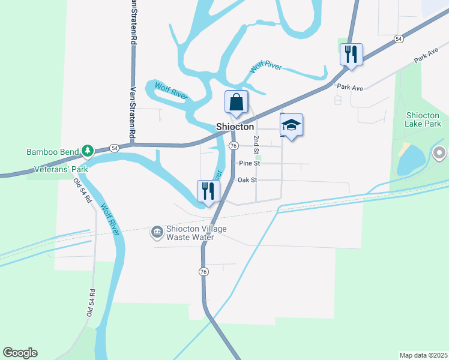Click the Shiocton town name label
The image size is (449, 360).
tap(235, 127)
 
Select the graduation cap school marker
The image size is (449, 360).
tap(291, 125)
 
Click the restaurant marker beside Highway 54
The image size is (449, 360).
tap(351, 54)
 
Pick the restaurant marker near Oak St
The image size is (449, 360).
tap(208, 191)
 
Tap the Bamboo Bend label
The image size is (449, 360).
tap(53, 151)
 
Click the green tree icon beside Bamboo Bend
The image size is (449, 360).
tap(88, 150)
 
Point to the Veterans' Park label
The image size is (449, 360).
tap(61, 169)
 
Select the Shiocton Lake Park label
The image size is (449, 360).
tap(424, 119)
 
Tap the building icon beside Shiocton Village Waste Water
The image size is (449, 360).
tap(157, 231)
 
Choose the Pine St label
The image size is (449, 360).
tap(249, 163)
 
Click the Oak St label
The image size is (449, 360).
tap(247, 179)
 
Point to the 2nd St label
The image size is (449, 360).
tap(256, 143)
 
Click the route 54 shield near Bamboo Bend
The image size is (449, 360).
tap(115, 148)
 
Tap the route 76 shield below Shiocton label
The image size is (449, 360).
tap(234, 146)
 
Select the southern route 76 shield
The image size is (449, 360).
tap(203, 272)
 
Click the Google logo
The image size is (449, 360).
tap(20, 353)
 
